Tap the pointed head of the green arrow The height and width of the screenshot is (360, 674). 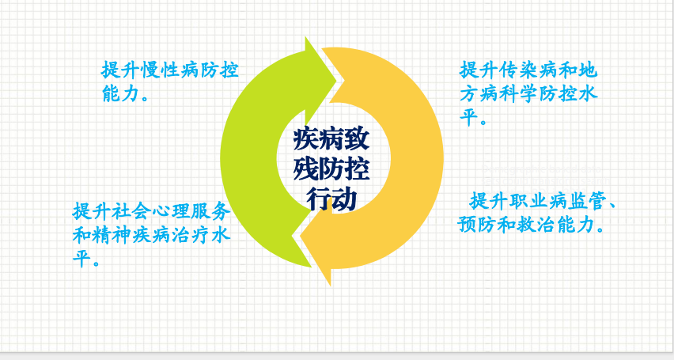(335, 80)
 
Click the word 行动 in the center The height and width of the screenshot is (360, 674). (331, 199)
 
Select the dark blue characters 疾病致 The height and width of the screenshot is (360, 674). (331, 138)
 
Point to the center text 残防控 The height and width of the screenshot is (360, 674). (331, 169)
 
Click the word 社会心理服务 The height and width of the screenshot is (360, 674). (171, 210)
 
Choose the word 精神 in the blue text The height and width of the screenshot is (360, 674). (112, 235)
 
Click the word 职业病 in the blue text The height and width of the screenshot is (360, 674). (538, 201)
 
